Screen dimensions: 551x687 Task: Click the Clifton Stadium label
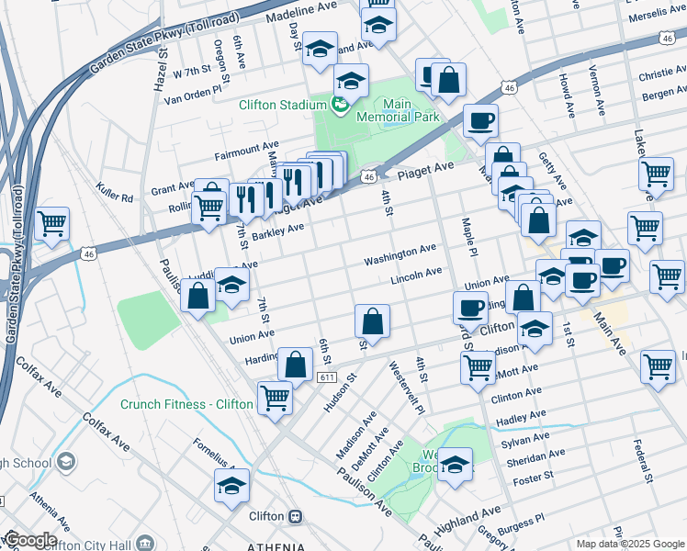click(x=283, y=105)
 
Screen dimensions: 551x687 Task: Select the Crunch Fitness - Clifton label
click(x=186, y=404)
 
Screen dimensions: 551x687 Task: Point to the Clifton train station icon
click(x=295, y=516)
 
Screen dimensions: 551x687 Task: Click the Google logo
click(x=29, y=540)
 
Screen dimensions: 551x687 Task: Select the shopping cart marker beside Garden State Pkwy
click(x=52, y=224)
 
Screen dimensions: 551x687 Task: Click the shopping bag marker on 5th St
click(x=372, y=322)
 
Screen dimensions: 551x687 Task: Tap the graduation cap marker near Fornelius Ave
click(x=232, y=486)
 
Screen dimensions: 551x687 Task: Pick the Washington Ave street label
click(x=400, y=255)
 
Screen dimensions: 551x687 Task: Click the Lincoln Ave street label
click(x=416, y=276)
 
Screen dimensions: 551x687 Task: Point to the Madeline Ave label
click(x=301, y=12)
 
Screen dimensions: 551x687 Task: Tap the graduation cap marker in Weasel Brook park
click(x=455, y=465)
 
